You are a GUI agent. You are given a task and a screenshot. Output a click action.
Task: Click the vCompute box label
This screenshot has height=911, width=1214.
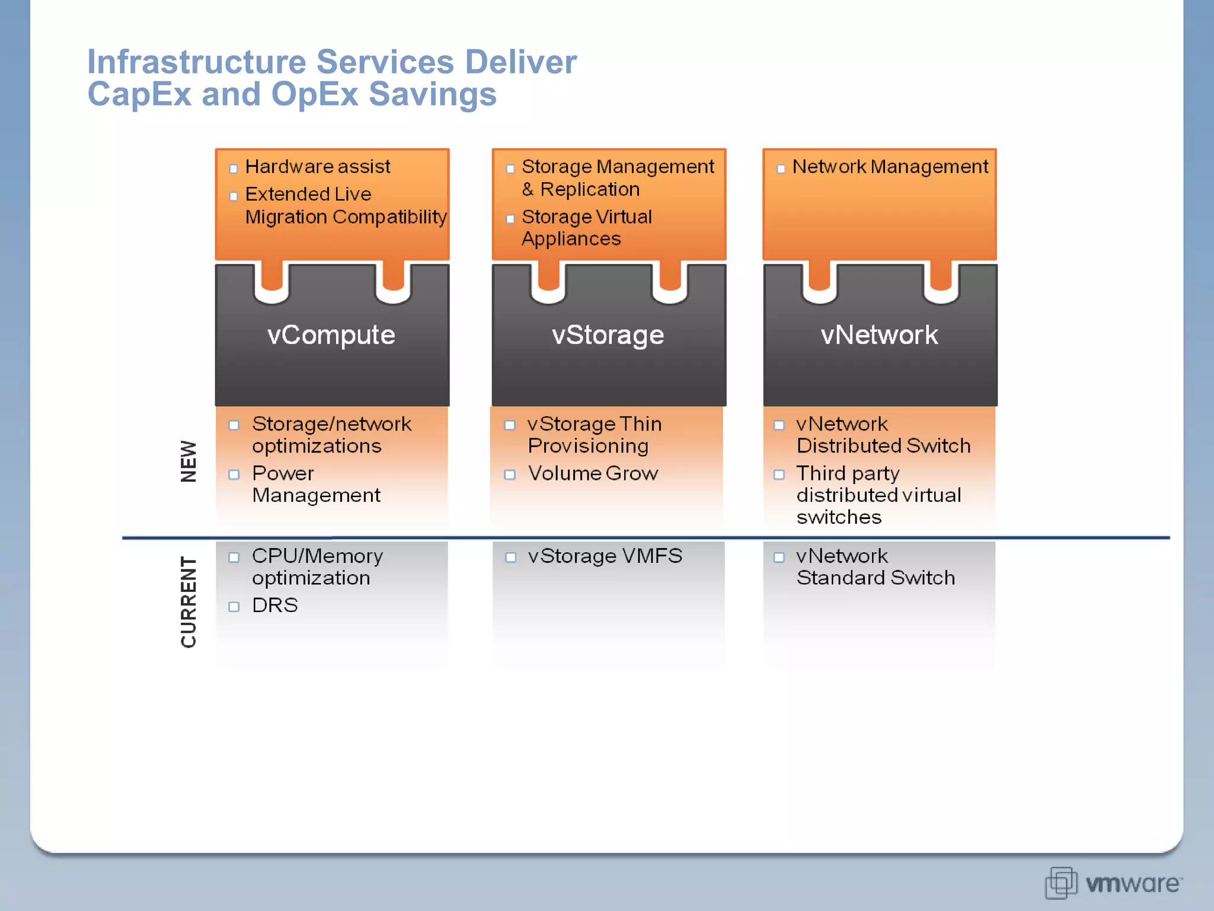pyautogui.click(x=331, y=335)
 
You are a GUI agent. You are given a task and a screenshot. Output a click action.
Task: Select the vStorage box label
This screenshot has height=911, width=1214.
pyautogui.click(x=608, y=335)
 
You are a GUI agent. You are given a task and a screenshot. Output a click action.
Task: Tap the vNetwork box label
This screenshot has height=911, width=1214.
pyautogui.click(x=879, y=335)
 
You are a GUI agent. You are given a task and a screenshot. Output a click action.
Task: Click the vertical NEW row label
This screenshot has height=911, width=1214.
pyautogui.click(x=189, y=461)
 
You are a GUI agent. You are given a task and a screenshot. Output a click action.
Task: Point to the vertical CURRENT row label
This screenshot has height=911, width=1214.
pyautogui.click(x=189, y=601)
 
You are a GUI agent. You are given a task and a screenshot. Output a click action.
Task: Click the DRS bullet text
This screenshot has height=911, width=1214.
pyautogui.click(x=274, y=606)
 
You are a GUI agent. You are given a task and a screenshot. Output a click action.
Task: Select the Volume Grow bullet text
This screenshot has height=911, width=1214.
pyautogui.click(x=593, y=473)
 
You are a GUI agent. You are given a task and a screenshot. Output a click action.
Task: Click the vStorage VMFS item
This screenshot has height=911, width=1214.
pyautogui.click(x=605, y=556)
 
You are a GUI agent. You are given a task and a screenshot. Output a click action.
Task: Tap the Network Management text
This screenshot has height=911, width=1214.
pyautogui.click(x=890, y=167)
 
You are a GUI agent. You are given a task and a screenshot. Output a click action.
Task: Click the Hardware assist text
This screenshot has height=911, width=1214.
pyautogui.click(x=318, y=167)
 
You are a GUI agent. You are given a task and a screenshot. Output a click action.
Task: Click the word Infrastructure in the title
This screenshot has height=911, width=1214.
pyautogui.click(x=196, y=62)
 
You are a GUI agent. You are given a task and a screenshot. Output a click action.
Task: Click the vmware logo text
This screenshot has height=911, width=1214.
pyautogui.click(x=1132, y=884)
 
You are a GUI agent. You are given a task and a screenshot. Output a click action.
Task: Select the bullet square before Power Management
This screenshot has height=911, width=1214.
pyautogui.click(x=234, y=474)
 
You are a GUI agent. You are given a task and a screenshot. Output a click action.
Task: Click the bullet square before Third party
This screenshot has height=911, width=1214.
pyautogui.click(x=779, y=474)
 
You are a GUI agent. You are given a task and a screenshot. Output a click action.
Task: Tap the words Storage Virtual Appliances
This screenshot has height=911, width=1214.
pyautogui.click(x=586, y=228)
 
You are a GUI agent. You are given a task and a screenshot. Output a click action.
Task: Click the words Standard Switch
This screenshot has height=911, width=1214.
pyautogui.click(x=875, y=578)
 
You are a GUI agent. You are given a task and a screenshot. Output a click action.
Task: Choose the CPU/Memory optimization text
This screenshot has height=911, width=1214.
pyautogui.click(x=317, y=567)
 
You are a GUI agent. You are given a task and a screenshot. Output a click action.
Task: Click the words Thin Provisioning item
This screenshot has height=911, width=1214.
pyautogui.click(x=594, y=435)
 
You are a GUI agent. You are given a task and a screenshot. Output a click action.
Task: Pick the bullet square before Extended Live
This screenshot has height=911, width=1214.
pyautogui.click(x=234, y=196)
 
